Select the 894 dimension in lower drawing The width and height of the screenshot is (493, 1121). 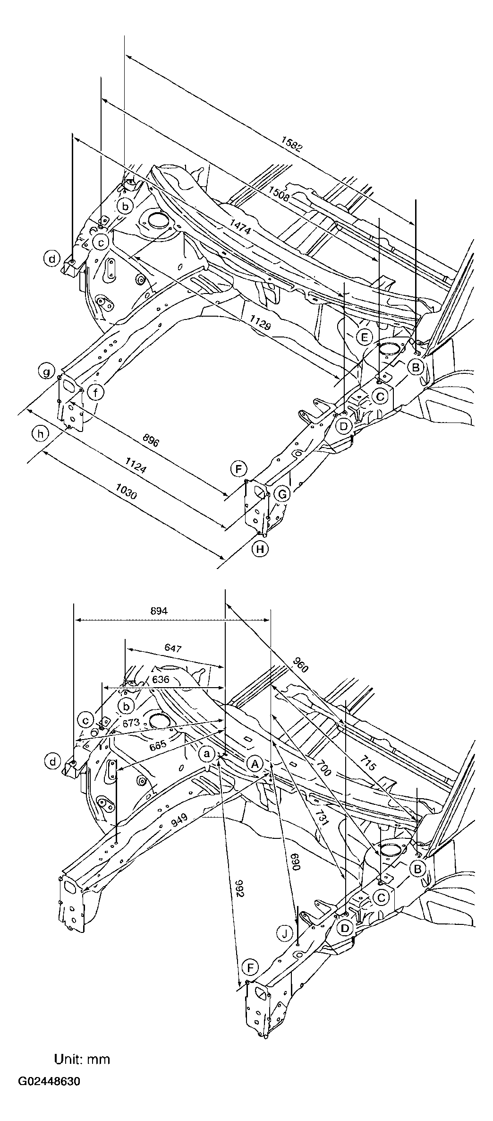click(x=159, y=611)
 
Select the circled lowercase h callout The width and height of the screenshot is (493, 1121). click(x=41, y=434)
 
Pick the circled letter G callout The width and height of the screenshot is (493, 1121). click(x=282, y=494)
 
